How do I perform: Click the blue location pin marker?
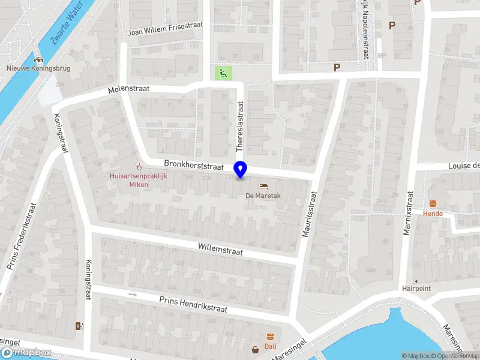[x=241, y=170]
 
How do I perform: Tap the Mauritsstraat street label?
[x=309, y=214]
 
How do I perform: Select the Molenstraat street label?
[x=128, y=89]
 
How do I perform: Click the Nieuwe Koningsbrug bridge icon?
[x=39, y=60]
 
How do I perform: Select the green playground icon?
[x=223, y=74]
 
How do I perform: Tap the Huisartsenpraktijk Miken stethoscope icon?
[x=139, y=166]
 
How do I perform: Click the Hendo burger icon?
[x=433, y=203]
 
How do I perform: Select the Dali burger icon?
[x=270, y=337]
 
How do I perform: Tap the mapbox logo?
[x=26, y=353]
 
